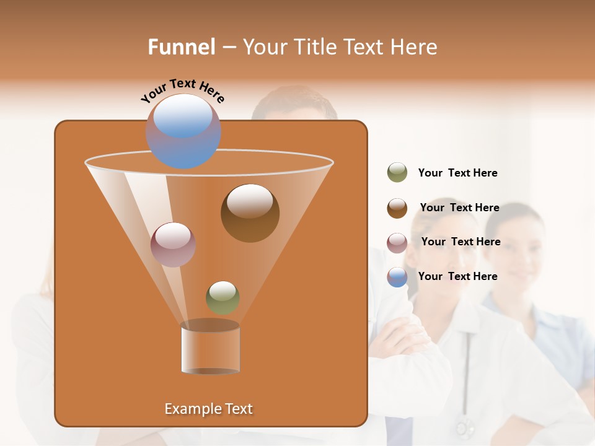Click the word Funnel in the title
pyautogui.click(x=181, y=47)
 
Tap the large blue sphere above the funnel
pyautogui.click(x=183, y=132)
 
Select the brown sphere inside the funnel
pyautogui.click(x=250, y=213)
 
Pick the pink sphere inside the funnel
pyautogui.click(x=173, y=245)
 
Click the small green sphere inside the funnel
pyautogui.click(x=223, y=297)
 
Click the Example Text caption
pyautogui.click(x=208, y=409)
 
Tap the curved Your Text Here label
pyautogui.click(x=182, y=90)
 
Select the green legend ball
pyautogui.click(x=397, y=173)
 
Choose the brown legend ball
pyautogui.click(x=397, y=208)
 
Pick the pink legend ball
pyautogui.click(x=397, y=243)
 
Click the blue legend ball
pyautogui.click(x=397, y=277)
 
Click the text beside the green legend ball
pyautogui.click(x=457, y=173)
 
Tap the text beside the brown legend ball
pyautogui.click(x=459, y=208)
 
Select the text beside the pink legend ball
pyautogui.click(x=461, y=242)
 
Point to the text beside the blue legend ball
pyautogui.click(x=457, y=276)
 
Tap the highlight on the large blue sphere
pyautogui.click(x=183, y=116)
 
